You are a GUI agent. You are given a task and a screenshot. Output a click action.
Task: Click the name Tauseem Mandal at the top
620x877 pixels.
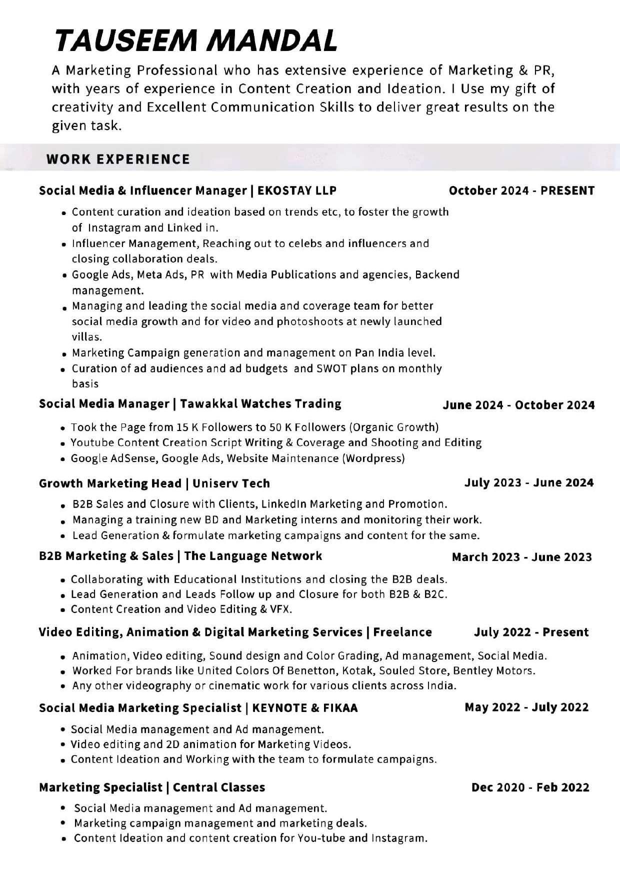pos(196,40)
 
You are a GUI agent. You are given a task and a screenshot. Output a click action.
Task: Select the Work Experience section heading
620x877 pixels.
pos(118,159)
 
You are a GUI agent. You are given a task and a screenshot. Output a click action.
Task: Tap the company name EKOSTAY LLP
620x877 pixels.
pos(297,190)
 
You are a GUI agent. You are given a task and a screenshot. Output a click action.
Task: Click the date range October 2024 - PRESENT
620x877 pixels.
pos(521,190)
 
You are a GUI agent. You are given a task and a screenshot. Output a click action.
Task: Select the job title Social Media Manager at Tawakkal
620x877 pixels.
pos(104,403)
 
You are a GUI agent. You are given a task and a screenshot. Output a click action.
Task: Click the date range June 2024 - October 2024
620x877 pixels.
pos(518,405)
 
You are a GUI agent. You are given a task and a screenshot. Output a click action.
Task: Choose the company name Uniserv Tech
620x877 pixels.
pos(231,483)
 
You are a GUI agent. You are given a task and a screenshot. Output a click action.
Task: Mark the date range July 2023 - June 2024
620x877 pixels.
pos(529,482)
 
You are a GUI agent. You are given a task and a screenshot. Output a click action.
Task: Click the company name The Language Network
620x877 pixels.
pos(253,556)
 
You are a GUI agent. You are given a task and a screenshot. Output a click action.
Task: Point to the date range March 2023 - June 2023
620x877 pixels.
pos(521,557)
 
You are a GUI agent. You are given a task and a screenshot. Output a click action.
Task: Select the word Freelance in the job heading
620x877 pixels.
pos(402,632)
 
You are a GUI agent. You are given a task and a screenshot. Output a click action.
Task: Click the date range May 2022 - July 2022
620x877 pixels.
pos(526,707)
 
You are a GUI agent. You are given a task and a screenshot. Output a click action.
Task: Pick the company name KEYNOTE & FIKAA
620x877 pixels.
pos(305,708)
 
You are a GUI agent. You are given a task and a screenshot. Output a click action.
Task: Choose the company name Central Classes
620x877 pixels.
pos(219,787)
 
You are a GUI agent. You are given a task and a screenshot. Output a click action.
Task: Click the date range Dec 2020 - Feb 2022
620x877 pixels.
pos(530,787)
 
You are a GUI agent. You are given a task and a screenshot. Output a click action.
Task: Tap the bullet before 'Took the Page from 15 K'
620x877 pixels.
pos(63,428)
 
